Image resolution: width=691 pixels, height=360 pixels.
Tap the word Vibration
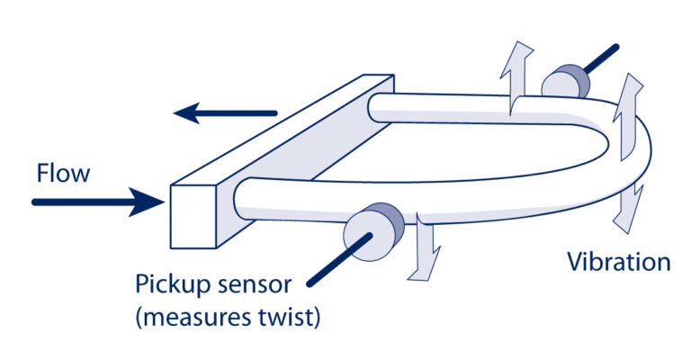tap(618, 262)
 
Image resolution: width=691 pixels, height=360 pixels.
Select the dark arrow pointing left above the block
tap(226, 113)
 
